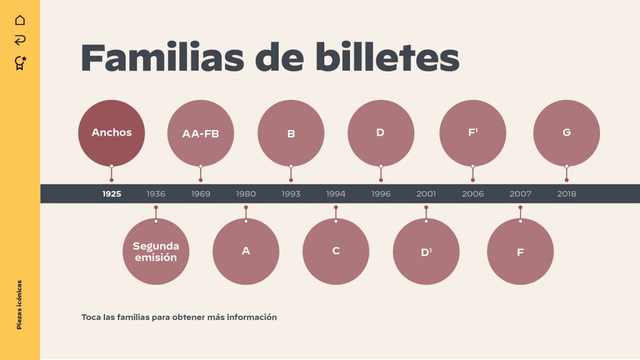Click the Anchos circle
[111, 132]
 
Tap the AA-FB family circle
[201, 133]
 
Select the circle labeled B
[291, 133]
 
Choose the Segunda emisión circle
[156, 251]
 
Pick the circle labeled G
[566, 132]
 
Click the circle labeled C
[336, 251]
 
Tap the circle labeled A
[246, 251]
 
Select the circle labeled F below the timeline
[520, 252]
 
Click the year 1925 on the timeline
[112, 194]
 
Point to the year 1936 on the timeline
[156, 194]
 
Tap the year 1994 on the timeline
[336, 194]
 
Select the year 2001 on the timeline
[426, 194]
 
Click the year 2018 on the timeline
[566, 194]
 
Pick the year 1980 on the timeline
[246, 194]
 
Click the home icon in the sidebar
[20, 20]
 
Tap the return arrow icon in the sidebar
[20, 41]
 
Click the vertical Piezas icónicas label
[19, 304]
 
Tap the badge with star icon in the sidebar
[20, 62]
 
